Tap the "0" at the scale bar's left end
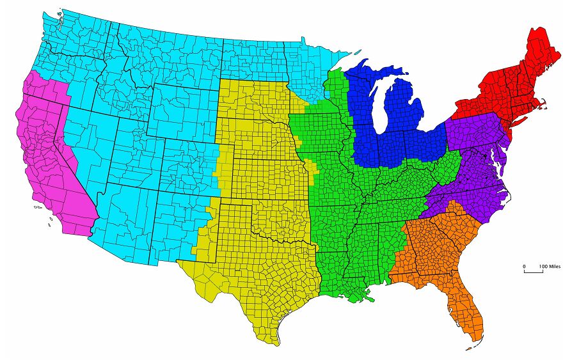tap(525, 266)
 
